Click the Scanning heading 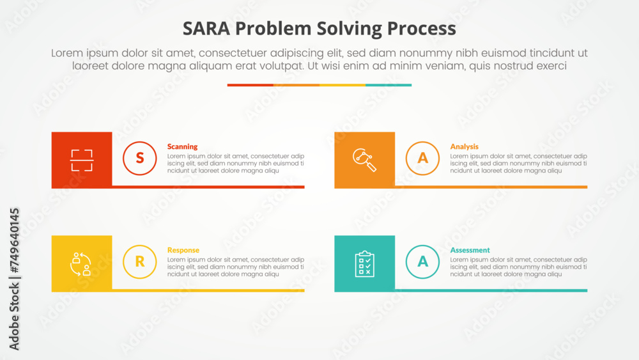click(182, 146)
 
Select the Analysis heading click(464, 146)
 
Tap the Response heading click(183, 250)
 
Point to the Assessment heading click(470, 250)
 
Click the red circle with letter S click(139, 158)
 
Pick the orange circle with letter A click(422, 158)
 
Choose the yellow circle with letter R click(139, 262)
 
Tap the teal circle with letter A click(422, 262)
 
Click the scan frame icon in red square click(82, 160)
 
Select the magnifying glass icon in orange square click(364, 160)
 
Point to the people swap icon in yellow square click(82, 263)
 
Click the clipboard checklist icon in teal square click(364, 263)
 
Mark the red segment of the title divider click(250, 85)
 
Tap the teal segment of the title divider click(389, 85)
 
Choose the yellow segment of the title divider click(343, 85)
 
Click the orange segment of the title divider click(296, 85)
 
